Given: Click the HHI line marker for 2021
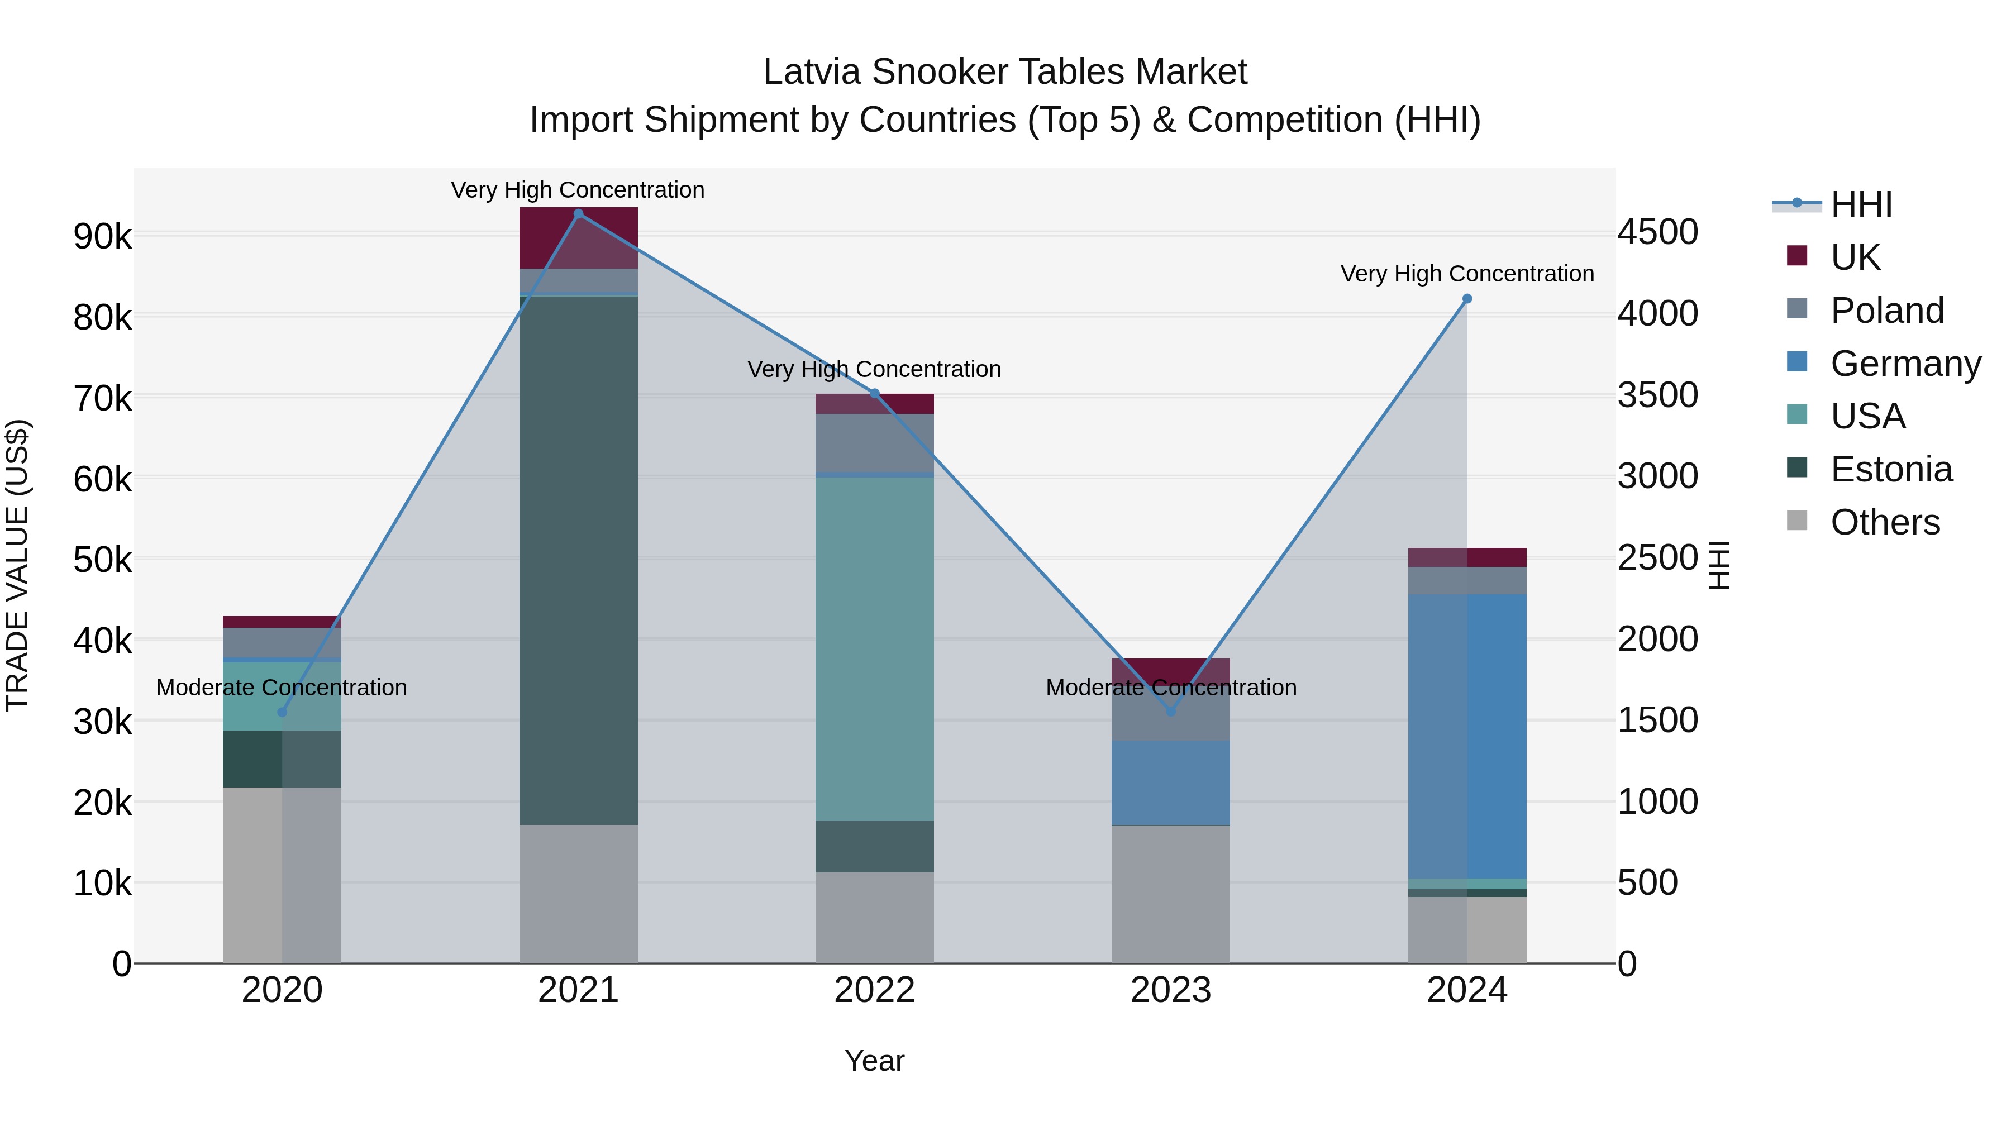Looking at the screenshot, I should [x=579, y=213].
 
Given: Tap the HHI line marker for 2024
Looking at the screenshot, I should [x=1467, y=299].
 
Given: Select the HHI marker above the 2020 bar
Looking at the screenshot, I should [x=283, y=712].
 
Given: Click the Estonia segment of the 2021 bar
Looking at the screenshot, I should [x=579, y=560].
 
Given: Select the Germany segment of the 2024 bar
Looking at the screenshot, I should [x=1467, y=736].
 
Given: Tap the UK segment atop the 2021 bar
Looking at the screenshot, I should [x=579, y=237].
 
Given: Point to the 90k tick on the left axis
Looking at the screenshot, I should [x=102, y=236].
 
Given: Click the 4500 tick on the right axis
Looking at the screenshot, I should [x=1657, y=232].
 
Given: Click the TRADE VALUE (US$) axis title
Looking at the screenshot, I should [x=18, y=565].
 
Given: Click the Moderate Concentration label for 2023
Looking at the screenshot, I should [x=1170, y=688].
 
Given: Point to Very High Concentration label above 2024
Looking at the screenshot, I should [x=1467, y=274].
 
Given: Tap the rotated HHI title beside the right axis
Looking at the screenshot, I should [x=1718, y=565].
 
